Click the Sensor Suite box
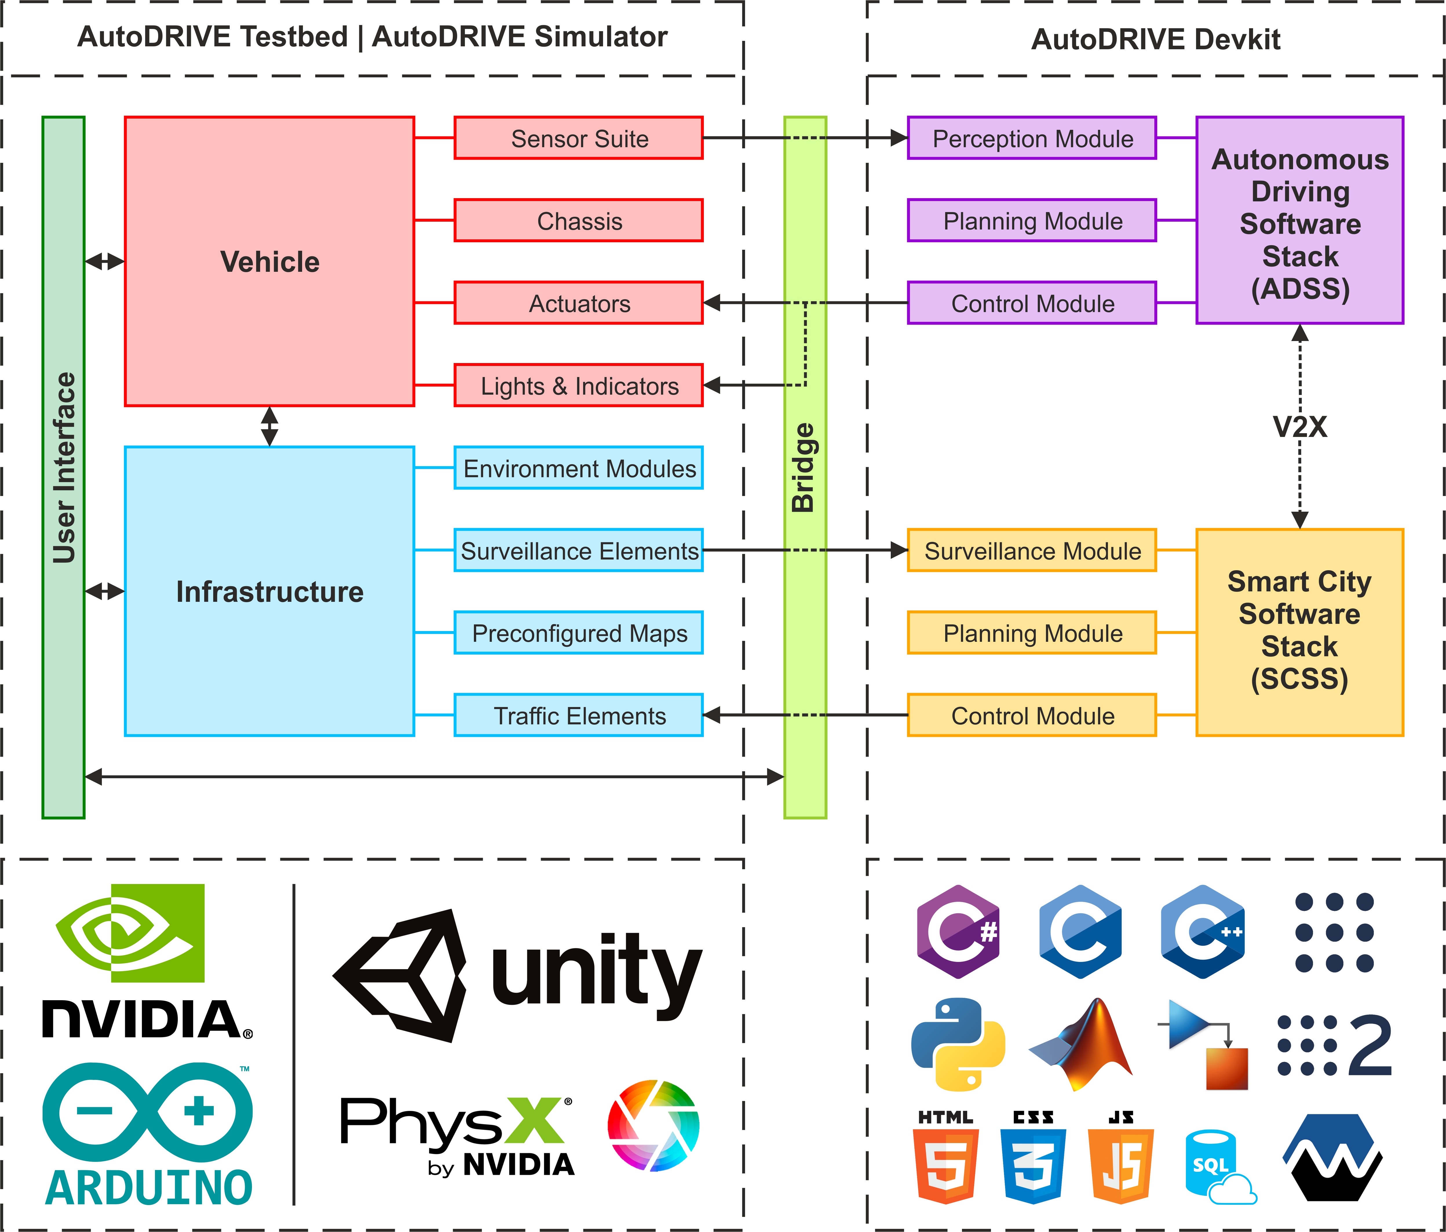click(578, 138)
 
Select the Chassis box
click(578, 220)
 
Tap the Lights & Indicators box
click(578, 385)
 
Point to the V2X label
click(1299, 427)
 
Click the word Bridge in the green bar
click(804, 468)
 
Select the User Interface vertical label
click(63, 468)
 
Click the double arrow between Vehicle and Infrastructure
click(269, 426)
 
